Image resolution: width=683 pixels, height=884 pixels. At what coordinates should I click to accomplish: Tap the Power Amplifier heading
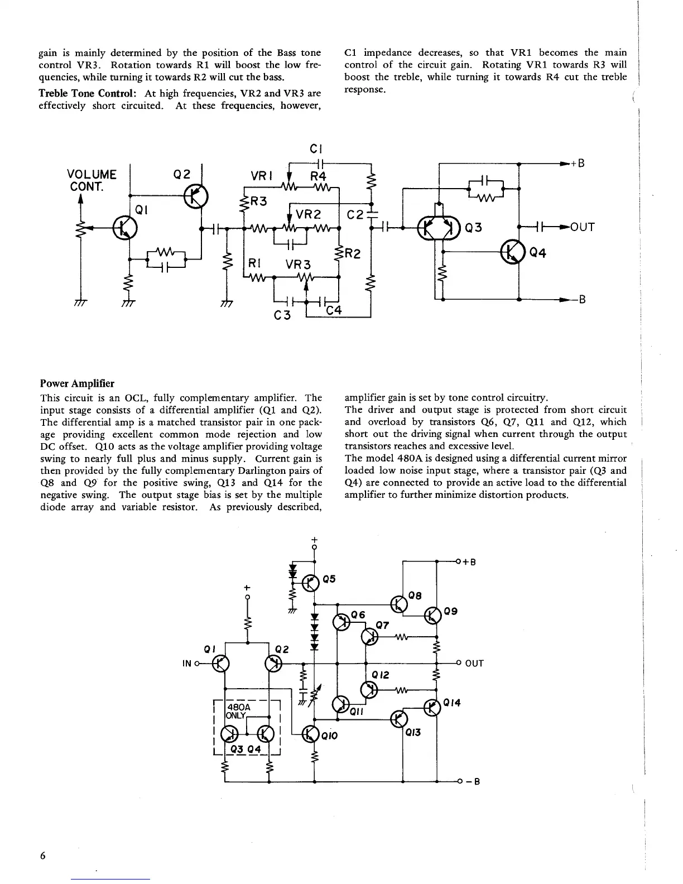pyautogui.click(x=77, y=383)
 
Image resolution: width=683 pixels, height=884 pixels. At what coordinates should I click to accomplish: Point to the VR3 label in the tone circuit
pyautogui.click(x=298, y=264)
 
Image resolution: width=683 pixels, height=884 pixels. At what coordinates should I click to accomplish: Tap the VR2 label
pyautogui.click(x=309, y=215)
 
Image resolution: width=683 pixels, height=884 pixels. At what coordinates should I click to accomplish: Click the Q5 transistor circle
pyautogui.click(x=310, y=583)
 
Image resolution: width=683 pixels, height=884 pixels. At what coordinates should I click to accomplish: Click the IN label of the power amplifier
pyautogui.click(x=187, y=663)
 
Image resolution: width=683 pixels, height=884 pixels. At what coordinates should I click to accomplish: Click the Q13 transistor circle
pyautogui.click(x=399, y=718)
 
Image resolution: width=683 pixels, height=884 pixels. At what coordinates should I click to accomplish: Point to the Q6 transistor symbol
pyautogui.click(x=341, y=622)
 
